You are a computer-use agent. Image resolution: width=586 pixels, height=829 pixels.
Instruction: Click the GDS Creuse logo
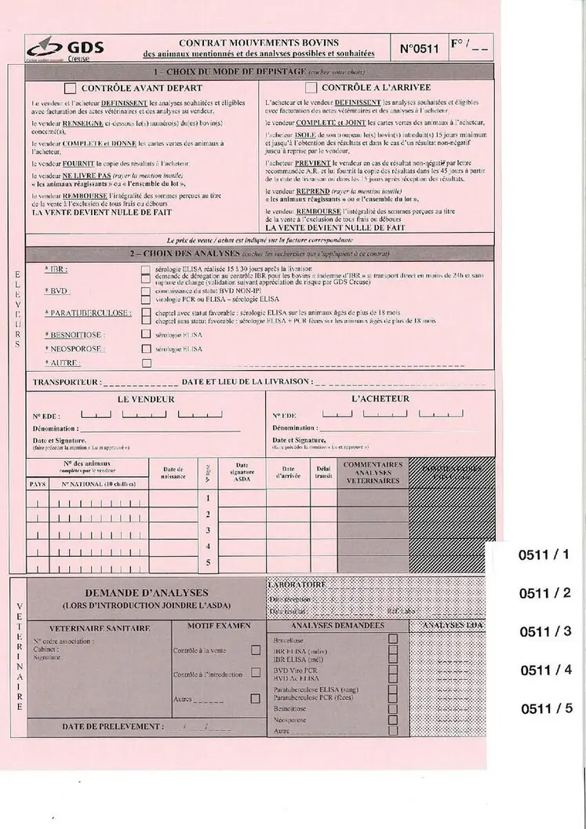point(58,49)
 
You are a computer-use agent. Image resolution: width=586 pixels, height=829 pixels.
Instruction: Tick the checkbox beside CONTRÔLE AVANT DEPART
point(71,88)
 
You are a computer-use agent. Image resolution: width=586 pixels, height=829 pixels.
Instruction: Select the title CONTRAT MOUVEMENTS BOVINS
point(259,42)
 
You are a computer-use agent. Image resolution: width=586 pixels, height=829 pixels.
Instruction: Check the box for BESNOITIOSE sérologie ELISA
point(146,334)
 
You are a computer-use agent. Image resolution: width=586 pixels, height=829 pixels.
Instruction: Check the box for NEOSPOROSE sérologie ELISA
point(146,348)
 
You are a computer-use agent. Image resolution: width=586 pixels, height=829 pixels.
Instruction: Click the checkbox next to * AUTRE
point(146,363)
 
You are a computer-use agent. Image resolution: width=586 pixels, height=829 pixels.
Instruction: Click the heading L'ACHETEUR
point(380,398)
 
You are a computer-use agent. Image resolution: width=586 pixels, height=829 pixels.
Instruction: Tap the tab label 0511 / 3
point(547,632)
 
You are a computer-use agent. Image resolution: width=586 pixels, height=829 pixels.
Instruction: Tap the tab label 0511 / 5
point(547,708)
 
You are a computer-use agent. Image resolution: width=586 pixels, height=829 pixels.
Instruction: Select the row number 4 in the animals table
point(208,545)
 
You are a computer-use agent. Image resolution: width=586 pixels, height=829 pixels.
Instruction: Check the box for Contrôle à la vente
point(255,650)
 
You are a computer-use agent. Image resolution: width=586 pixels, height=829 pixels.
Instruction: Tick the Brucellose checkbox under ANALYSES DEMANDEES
point(393,638)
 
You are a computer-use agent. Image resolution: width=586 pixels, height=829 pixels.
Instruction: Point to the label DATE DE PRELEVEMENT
point(113,726)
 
